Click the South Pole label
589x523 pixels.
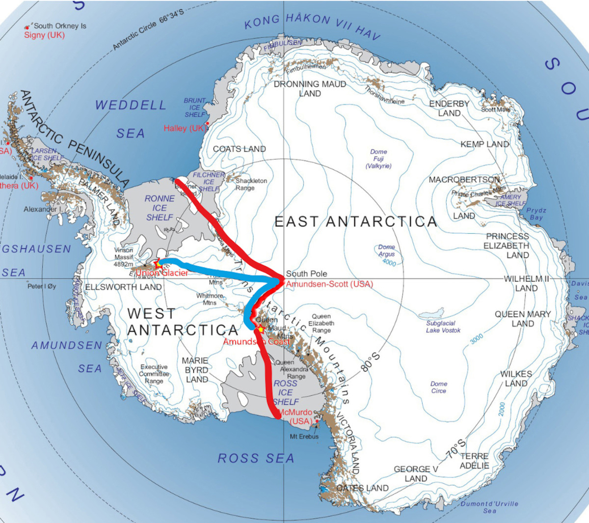(306, 274)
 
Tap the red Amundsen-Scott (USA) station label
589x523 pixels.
(329, 284)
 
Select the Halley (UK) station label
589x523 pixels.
(185, 128)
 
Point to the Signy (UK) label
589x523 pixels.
(44, 35)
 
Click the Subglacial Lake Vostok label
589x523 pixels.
(443, 327)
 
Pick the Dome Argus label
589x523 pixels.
(386, 250)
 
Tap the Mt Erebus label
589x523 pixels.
(304, 436)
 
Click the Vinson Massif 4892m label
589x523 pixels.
(124, 257)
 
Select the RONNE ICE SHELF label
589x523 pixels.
(160, 208)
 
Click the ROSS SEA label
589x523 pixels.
(256, 458)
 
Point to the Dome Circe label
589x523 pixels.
(439, 387)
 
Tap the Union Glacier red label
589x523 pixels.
(162, 273)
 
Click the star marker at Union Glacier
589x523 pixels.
(158, 263)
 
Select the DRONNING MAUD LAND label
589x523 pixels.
(310, 88)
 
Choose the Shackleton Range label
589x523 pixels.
(251, 184)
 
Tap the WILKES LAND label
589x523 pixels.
(516, 378)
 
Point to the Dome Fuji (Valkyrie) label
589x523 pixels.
(378, 159)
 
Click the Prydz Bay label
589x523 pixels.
(536, 214)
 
